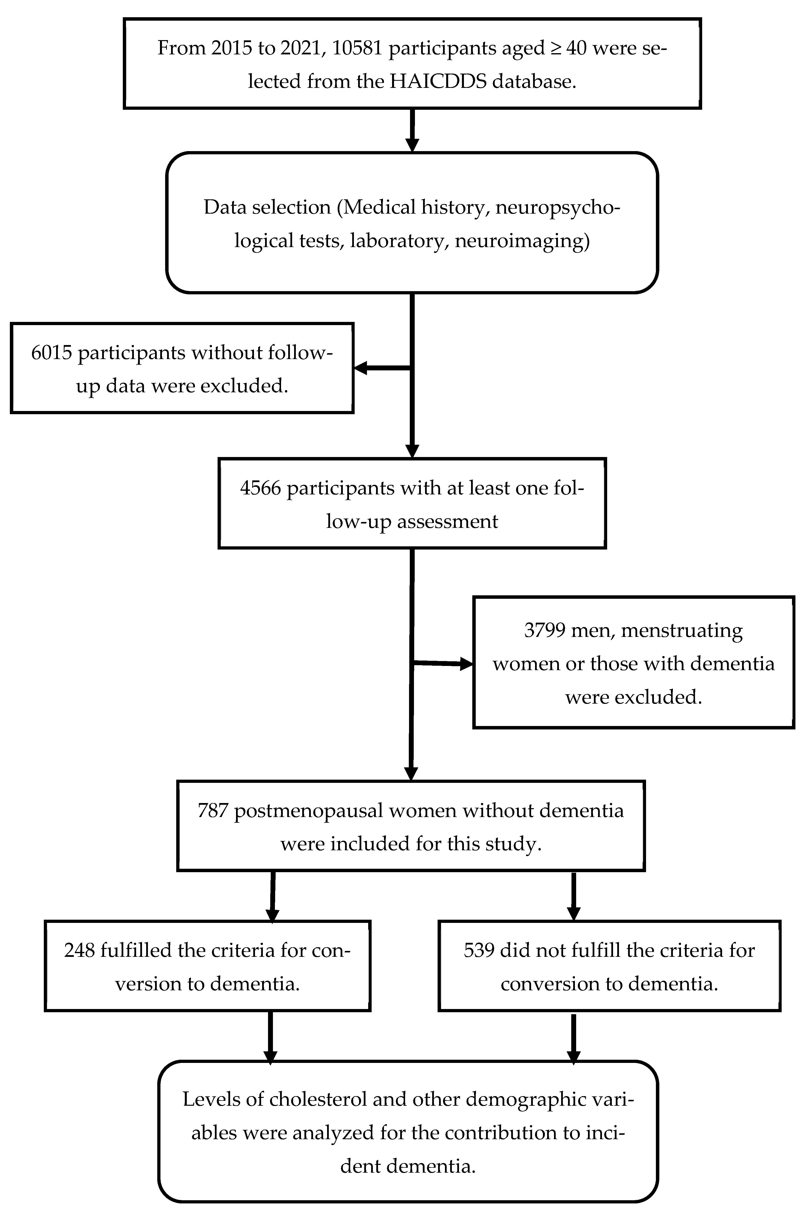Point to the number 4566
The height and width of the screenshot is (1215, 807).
260,488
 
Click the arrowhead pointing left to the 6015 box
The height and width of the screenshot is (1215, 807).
360,368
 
